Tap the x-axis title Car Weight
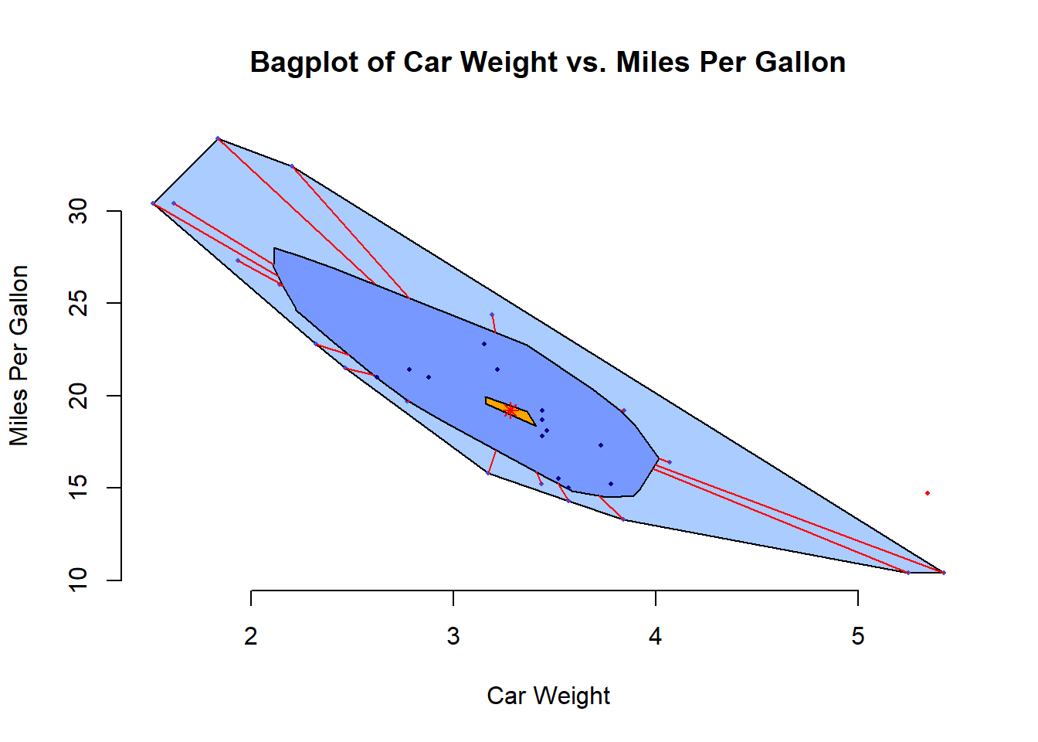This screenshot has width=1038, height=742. [548, 696]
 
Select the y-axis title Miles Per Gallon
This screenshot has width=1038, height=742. [19, 356]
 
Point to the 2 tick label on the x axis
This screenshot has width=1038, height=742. [251, 636]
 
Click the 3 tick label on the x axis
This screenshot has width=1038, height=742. [453, 636]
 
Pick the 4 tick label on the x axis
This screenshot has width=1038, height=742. [656, 636]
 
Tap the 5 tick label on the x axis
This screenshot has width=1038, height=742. [858, 636]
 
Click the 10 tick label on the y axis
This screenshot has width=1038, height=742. [78, 580]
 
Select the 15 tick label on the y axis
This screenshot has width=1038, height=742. [78, 488]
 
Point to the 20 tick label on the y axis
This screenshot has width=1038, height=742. [78, 396]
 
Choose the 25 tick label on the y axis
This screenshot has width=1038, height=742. [78, 303]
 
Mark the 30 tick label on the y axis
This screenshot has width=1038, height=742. [78, 211]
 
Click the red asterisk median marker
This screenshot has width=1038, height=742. [510, 410]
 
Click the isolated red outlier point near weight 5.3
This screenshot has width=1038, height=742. [928, 493]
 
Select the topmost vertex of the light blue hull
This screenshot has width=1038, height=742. [218, 138]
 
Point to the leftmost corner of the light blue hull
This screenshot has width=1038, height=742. [153, 203]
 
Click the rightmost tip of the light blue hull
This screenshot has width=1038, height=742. [944, 573]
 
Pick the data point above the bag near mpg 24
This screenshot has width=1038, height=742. [492, 315]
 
